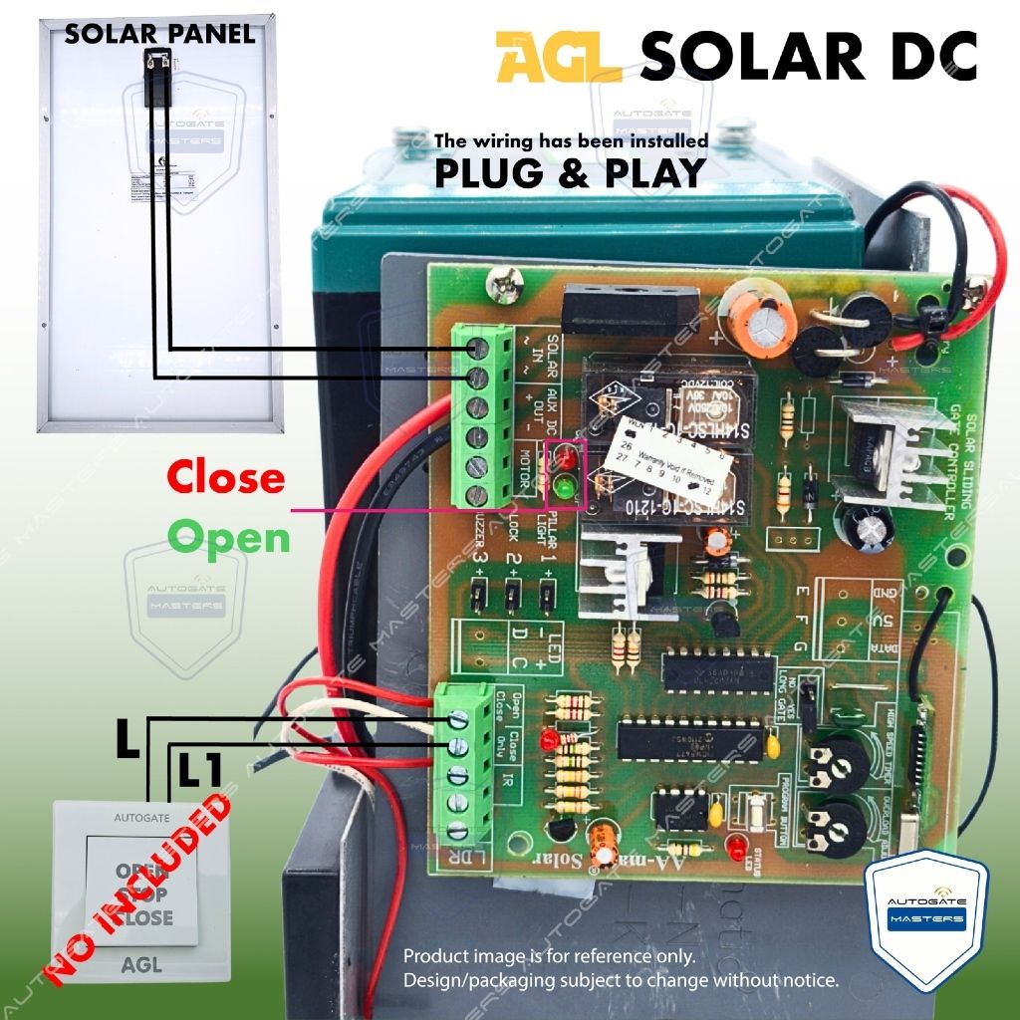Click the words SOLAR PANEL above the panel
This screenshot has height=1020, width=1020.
coord(159,34)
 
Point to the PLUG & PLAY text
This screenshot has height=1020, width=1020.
coord(570,173)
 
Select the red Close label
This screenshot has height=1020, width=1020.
coord(225,478)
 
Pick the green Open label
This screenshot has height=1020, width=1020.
coord(229,538)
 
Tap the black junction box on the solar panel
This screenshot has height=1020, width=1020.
coord(156,77)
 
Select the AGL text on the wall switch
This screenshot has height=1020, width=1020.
coord(140,964)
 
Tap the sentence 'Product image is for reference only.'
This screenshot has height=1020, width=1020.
coord(550,956)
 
